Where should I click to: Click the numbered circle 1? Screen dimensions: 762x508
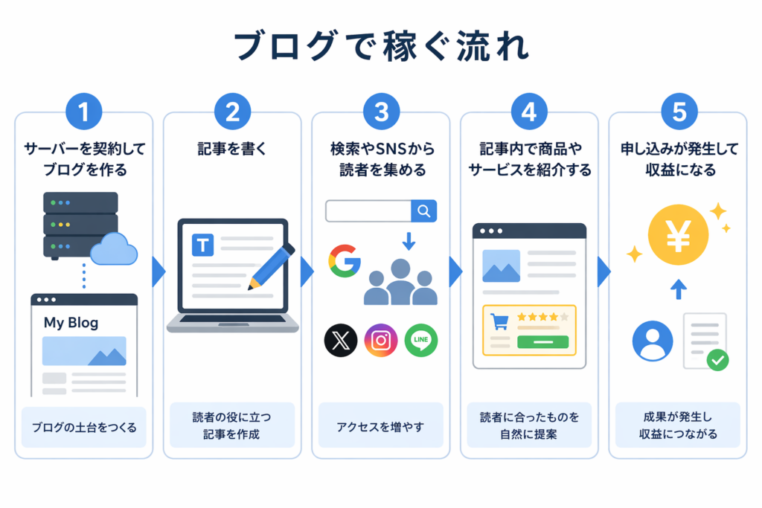click(x=84, y=112)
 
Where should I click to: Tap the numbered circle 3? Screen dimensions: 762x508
click(x=382, y=112)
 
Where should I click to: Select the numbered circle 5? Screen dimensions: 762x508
click(x=679, y=112)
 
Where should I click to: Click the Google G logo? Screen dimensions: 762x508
click(x=345, y=261)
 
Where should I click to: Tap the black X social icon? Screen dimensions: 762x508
click(x=341, y=340)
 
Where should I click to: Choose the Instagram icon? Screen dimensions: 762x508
click(x=381, y=340)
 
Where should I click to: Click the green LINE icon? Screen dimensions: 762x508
click(x=421, y=340)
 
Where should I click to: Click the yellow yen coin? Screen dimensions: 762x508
click(x=678, y=235)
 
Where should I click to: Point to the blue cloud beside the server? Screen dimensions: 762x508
click(x=114, y=248)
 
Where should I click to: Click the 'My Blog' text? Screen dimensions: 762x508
click(x=71, y=323)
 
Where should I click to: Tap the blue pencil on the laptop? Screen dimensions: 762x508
click(x=271, y=266)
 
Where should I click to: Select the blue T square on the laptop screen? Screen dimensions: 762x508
click(x=202, y=245)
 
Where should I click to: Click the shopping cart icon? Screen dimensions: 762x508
click(x=499, y=321)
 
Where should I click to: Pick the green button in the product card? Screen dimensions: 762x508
click(x=542, y=342)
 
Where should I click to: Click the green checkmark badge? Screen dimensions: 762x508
click(x=718, y=360)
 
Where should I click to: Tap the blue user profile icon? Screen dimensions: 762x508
click(x=653, y=341)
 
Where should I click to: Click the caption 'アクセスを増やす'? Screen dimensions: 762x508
click(x=380, y=428)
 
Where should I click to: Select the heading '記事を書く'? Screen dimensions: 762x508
click(x=232, y=149)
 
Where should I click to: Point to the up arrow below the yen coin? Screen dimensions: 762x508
click(x=679, y=289)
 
